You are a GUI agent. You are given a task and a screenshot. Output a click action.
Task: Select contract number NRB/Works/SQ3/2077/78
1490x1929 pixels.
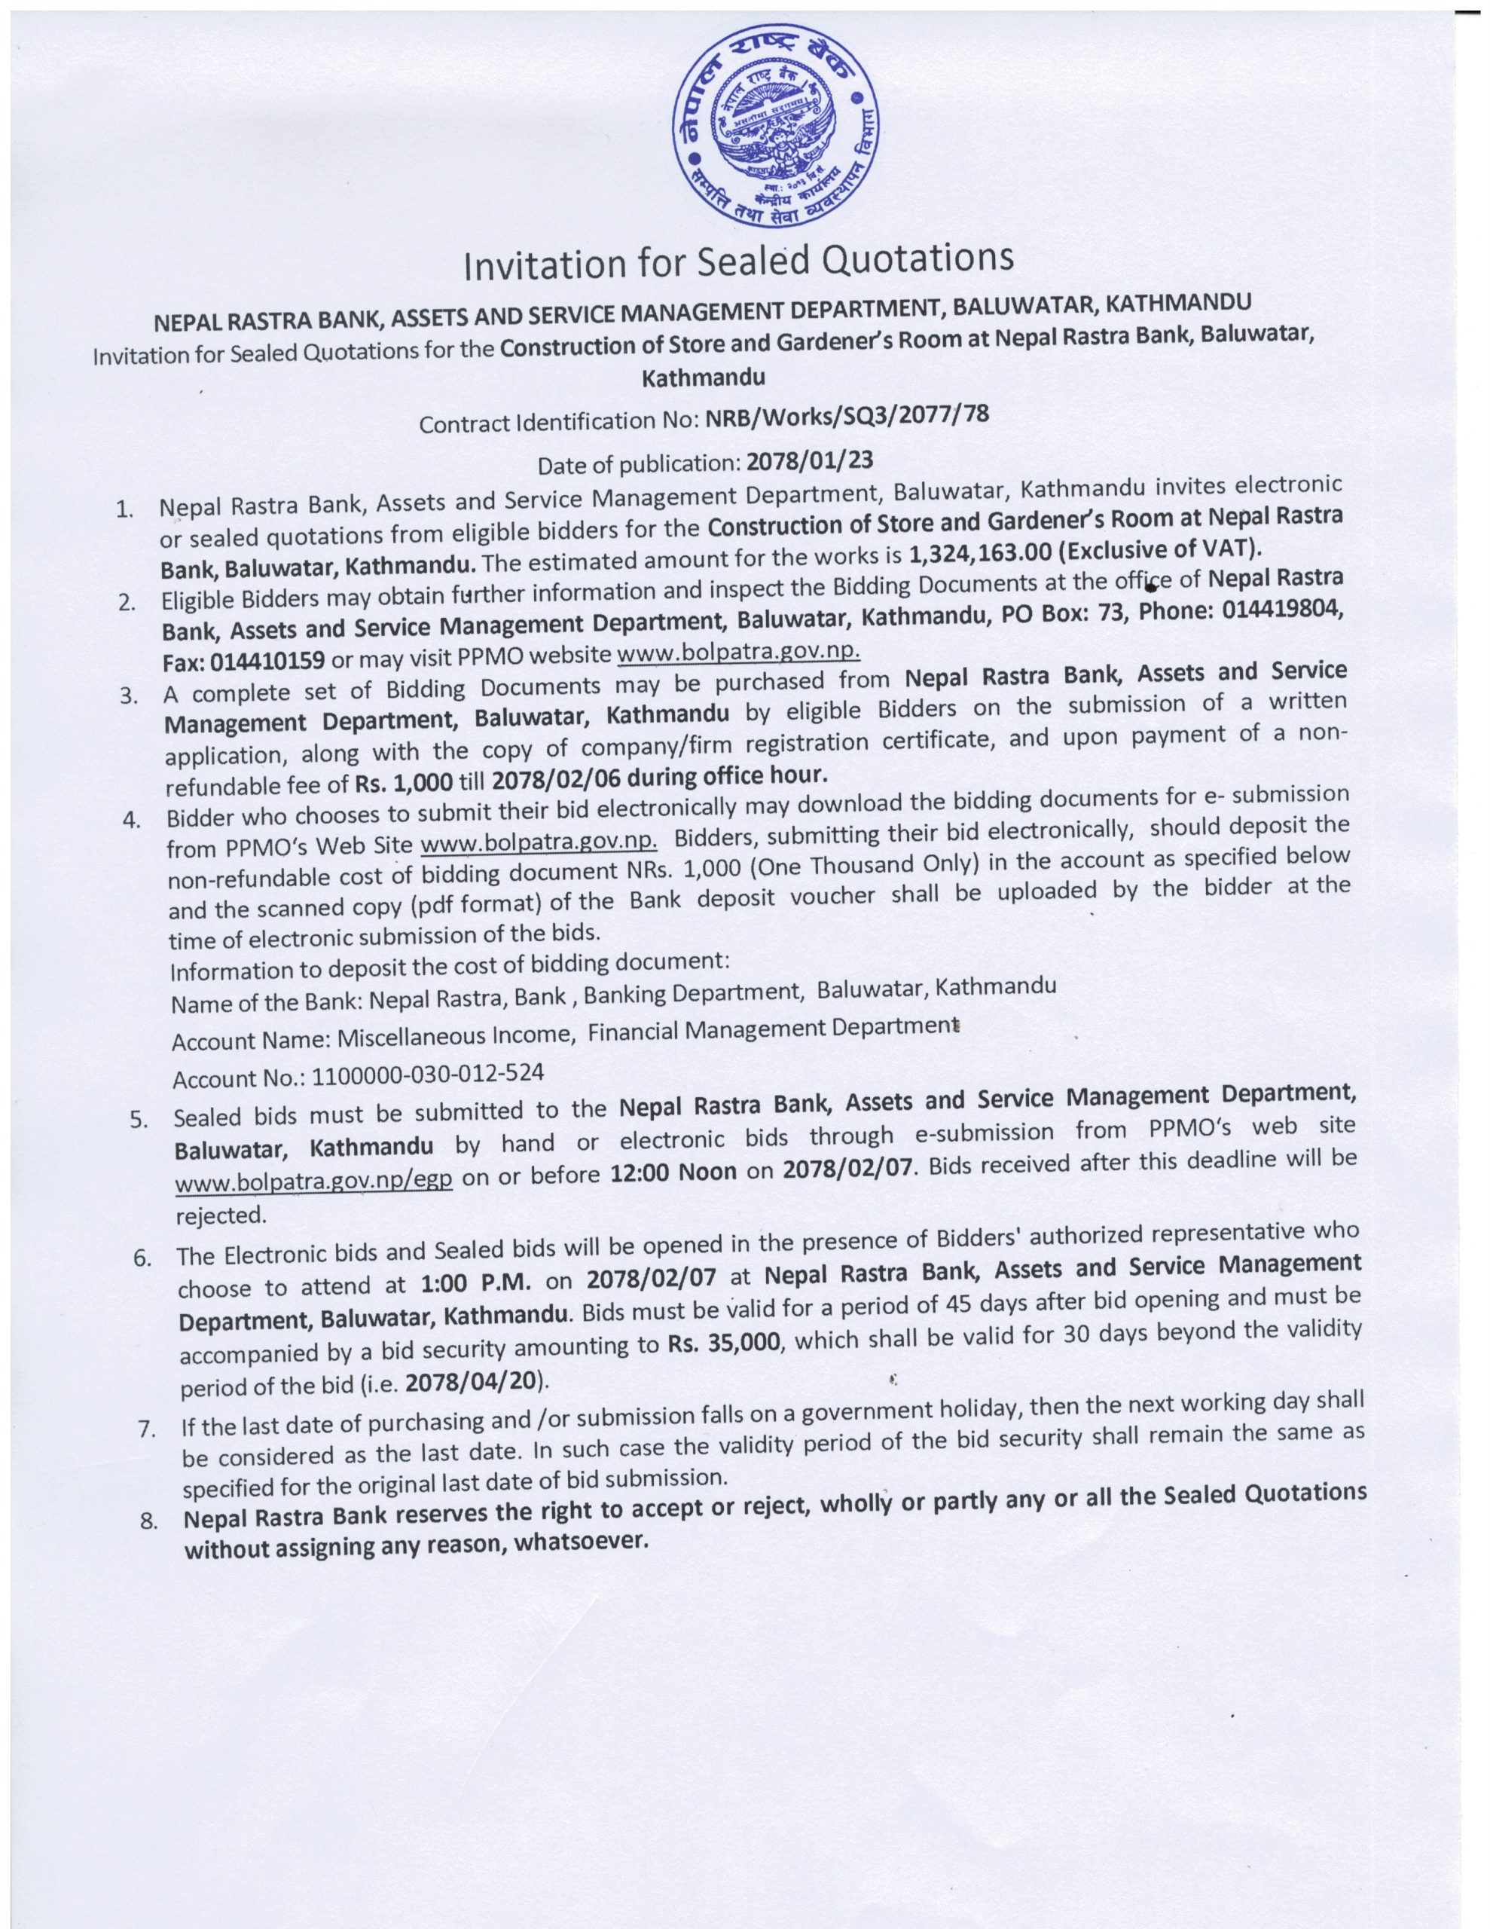click(845, 416)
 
